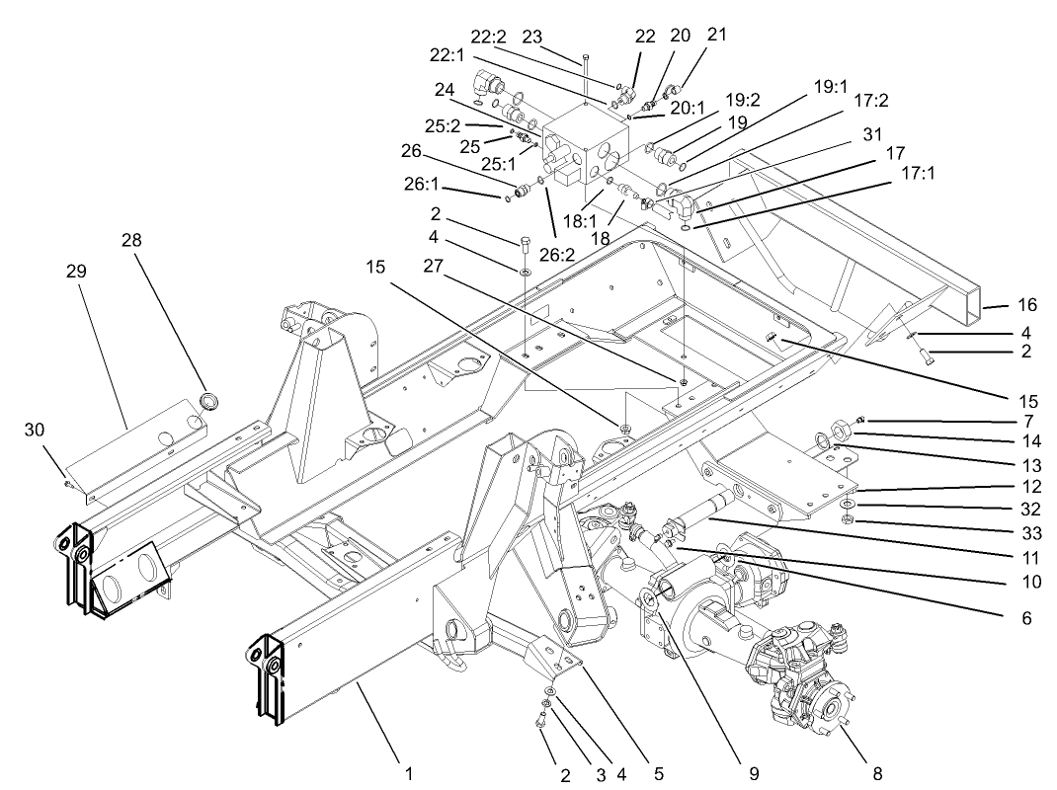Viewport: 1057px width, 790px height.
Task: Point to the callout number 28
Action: (x=133, y=241)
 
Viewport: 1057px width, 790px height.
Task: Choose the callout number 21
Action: (x=716, y=34)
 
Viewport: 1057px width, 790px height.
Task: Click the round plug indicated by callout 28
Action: (x=208, y=400)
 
